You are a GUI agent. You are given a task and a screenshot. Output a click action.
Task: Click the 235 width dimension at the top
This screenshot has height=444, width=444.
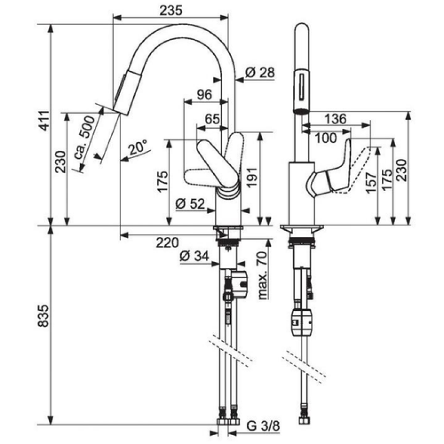coord(171,11)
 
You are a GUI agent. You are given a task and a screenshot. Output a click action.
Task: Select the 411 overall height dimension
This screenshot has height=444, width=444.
coord(44,121)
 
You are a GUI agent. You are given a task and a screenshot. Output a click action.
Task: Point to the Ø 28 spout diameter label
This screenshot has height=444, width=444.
coord(260,73)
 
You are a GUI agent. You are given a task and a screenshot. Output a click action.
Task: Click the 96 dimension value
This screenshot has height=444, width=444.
coord(204,94)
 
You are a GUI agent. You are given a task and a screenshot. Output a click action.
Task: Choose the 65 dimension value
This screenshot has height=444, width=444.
coord(212,119)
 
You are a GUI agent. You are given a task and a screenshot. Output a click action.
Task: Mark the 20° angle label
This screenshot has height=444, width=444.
coord(137,147)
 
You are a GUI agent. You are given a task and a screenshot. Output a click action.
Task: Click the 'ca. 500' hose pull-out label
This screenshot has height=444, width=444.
coord(84,137)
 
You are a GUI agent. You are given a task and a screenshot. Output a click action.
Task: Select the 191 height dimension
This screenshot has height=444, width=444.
coord(252,177)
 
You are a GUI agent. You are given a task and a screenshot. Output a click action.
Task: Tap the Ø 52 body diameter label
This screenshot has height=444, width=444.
coord(190,203)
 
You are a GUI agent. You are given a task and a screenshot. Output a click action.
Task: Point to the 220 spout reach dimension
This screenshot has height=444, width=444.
coord(168,243)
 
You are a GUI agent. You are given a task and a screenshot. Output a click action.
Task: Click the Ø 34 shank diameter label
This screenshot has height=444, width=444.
coord(194,256)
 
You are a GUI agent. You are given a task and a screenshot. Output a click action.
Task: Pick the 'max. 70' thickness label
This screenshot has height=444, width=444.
coord(263,275)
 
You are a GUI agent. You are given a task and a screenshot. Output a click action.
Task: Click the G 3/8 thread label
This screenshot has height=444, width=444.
coord(263,426)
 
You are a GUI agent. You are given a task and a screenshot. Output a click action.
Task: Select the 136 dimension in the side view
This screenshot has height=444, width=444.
coord(335,119)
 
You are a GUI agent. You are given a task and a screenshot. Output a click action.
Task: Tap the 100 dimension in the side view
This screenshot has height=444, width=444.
coord(326,138)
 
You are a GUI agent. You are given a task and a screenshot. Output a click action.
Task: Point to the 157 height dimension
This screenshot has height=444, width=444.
coord(371,183)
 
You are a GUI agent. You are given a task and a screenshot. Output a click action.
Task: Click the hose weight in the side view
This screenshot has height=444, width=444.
coord(302,322)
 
